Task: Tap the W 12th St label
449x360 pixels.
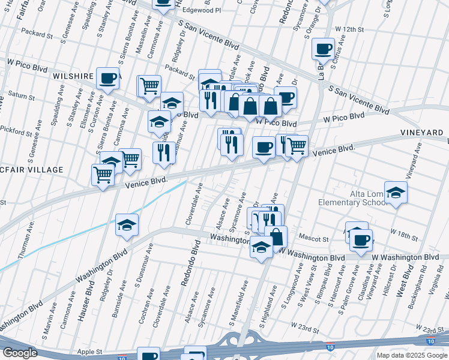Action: [350, 29]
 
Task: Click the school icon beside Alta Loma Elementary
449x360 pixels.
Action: [396, 193]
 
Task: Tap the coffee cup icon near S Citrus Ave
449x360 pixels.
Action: [323, 49]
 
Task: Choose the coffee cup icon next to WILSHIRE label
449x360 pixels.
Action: [108, 78]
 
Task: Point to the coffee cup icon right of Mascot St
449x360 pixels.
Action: [361, 240]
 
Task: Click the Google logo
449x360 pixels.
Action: [19, 353]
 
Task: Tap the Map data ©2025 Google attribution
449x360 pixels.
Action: [411, 355]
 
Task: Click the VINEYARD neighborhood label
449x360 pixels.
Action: [423, 131]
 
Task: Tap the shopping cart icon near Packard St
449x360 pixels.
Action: [149, 85]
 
